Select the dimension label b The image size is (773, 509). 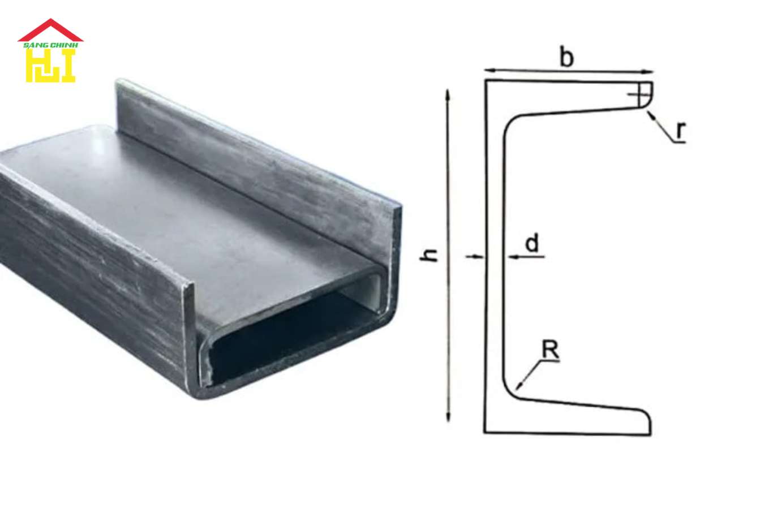click(566, 57)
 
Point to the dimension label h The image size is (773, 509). click(431, 255)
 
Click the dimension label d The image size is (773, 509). click(532, 244)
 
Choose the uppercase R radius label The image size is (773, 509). click(550, 350)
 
